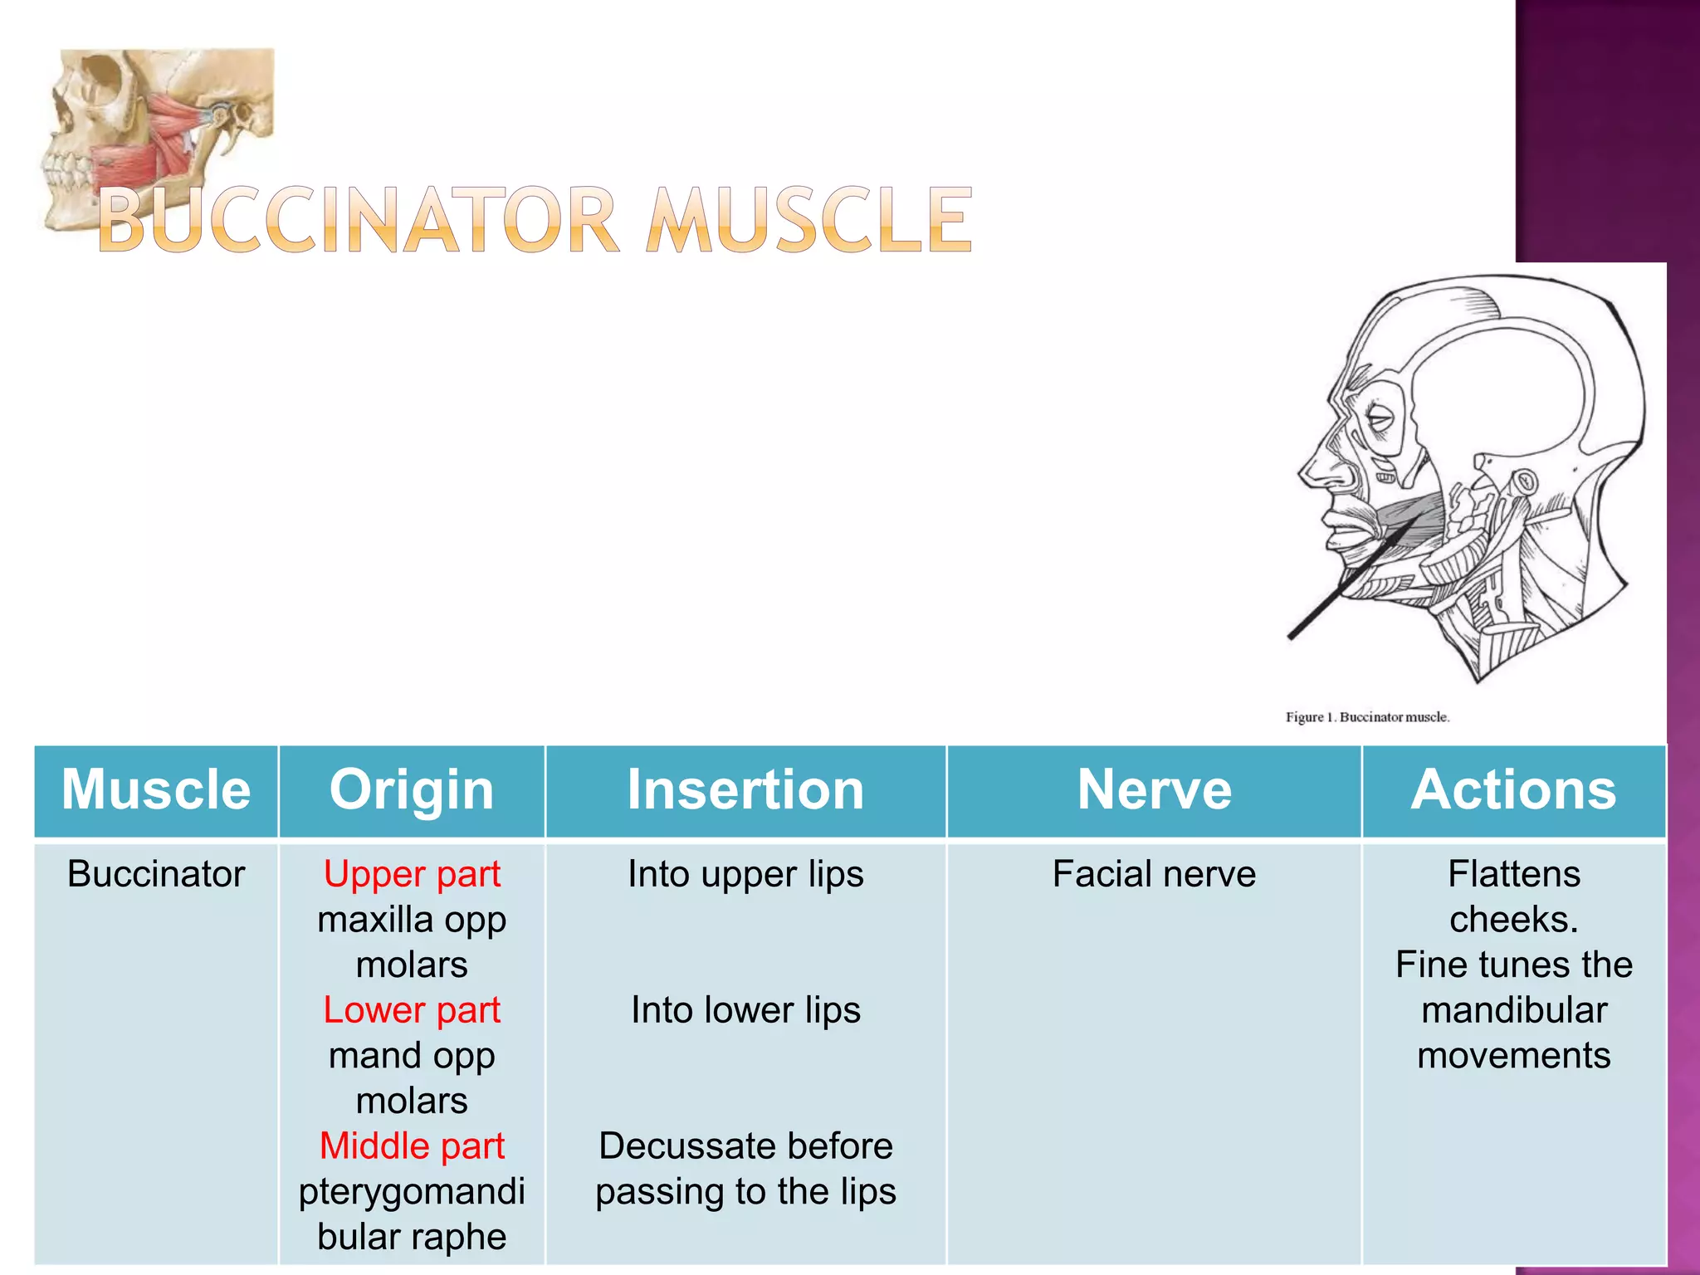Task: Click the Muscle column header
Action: click(x=156, y=789)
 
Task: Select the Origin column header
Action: click(x=412, y=789)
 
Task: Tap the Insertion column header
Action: click(x=745, y=789)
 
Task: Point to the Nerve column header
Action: click(x=1154, y=789)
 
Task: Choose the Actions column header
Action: click(x=1513, y=789)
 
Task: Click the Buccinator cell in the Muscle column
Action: click(x=156, y=874)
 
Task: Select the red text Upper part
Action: click(x=412, y=874)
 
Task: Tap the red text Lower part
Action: click(x=412, y=1010)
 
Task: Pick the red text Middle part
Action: click(x=412, y=1146)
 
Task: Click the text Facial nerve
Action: click(x=1154, y=874)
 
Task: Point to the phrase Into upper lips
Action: click(x=745, y=874)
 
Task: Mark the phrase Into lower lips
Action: click(x=745, y=1010)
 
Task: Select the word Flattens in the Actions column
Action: click(x=1513, y=874)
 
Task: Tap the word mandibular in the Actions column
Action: click(x=1513, y=1010)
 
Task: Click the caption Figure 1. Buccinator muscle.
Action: click(x=1367, y=717)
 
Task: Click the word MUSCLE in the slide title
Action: click(x=808, y=220)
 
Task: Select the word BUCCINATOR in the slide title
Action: click(x=359, y=220)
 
